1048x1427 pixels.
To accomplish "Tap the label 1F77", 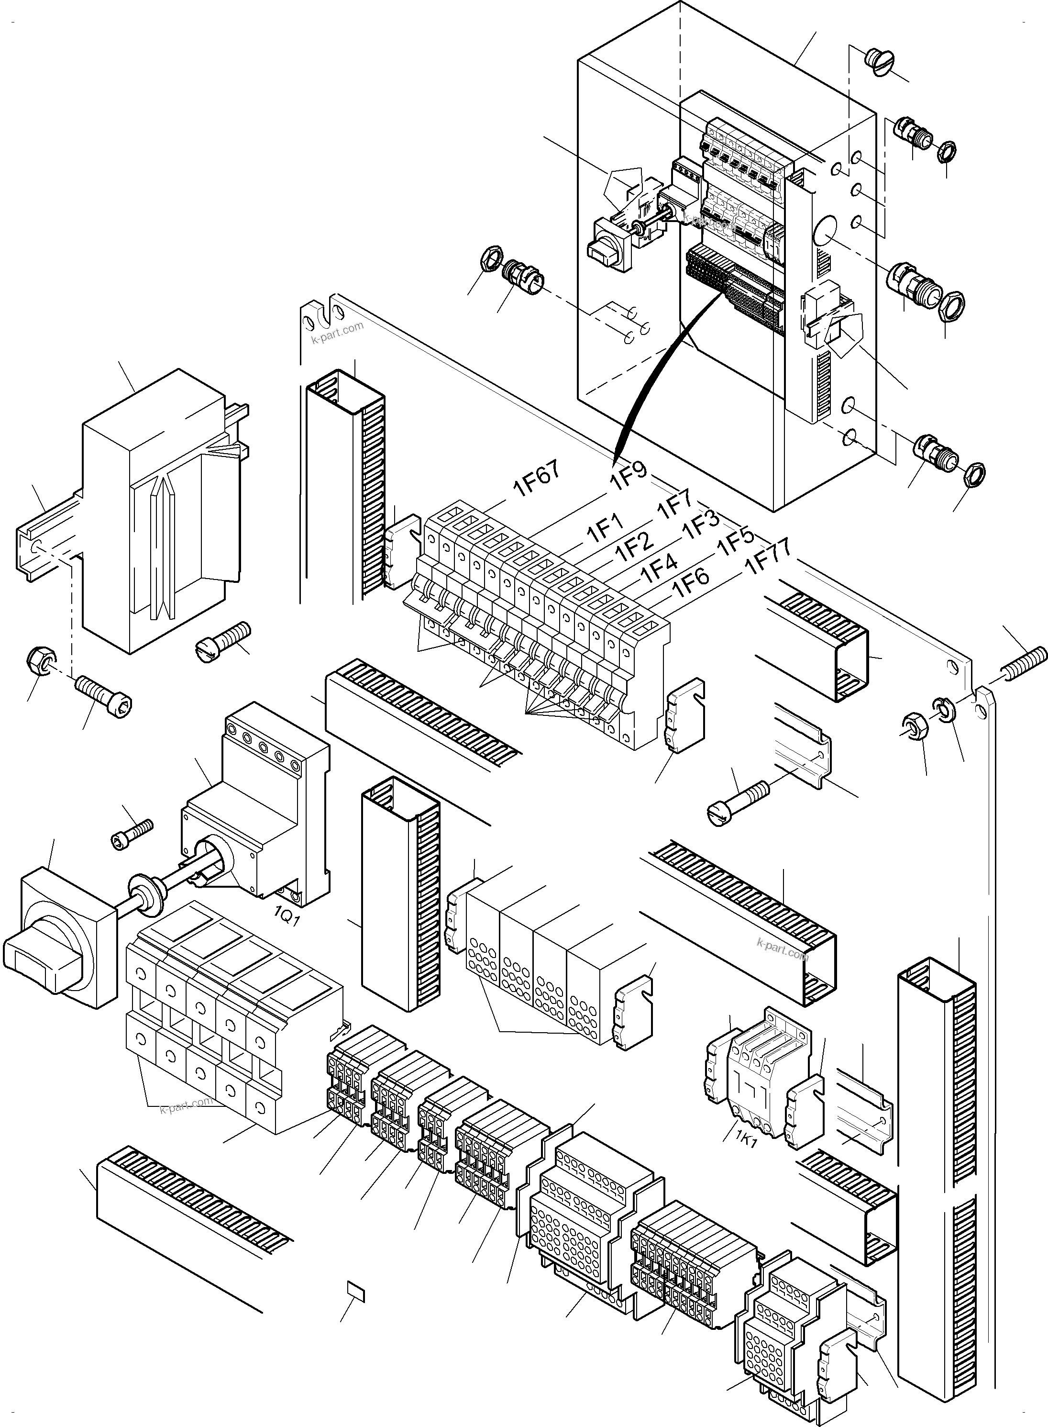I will pyautogui.click(x=768, y=557).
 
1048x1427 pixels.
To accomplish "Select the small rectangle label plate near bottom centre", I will pyautogui.click(x=356, y=1291).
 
